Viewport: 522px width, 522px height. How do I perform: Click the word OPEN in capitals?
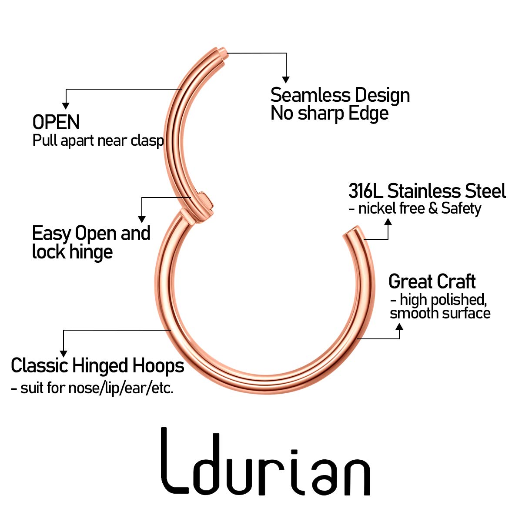tap(56, 122)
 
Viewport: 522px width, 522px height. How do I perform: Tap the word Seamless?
tap(310, 95)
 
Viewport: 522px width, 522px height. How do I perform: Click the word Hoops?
tap(158, 366)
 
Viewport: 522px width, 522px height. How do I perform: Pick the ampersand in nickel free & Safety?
tap(433, 208)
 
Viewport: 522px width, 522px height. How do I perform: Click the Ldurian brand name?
tap(266, 462)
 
